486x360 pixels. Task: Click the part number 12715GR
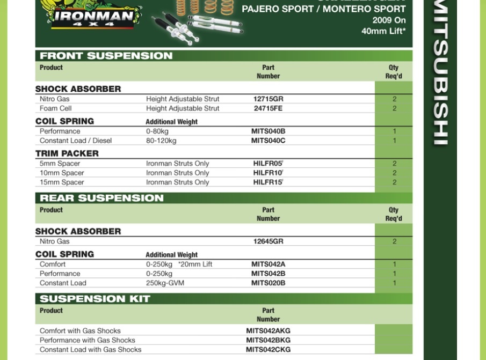tap(268, 99)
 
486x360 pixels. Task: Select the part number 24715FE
tap(268, 108)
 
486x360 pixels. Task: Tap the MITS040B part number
tap(268, 131)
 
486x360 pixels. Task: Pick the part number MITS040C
tap(268, 141)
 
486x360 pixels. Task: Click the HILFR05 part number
tap(267, 164)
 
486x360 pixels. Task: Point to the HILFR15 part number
tap(267, 182)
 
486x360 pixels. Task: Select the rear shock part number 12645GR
tap(268, 241)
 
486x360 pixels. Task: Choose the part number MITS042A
tap(268, 265)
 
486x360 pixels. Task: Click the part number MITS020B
tap(268, 283)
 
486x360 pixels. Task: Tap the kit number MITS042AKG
tap(268, 331)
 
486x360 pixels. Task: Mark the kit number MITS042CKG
tap(268, 350)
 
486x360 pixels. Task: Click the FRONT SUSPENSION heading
tap(106, 56)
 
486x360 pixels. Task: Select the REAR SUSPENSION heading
tap(101, 198)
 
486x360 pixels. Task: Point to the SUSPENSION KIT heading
tap(95, 299)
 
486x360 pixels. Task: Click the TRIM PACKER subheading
tap(67, 153)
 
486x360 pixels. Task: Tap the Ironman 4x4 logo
tap(95, 16)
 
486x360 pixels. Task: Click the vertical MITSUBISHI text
tap(440, 75)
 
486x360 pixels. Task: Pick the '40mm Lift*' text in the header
tap(383, 31)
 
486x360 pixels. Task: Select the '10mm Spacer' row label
tap(62, 173)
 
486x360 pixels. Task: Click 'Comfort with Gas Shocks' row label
tap(80, 331)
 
